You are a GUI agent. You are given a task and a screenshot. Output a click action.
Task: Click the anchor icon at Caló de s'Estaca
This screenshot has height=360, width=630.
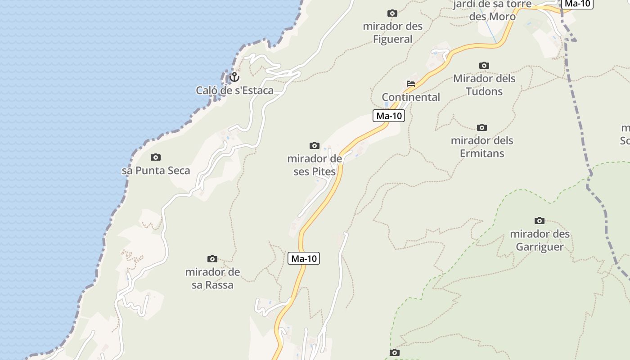234,77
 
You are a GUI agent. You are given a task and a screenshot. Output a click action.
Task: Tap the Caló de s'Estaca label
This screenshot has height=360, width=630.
234,90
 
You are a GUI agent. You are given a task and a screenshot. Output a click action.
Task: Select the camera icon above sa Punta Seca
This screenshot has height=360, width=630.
156,157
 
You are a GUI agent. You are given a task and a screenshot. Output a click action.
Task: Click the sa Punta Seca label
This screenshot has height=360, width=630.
156,171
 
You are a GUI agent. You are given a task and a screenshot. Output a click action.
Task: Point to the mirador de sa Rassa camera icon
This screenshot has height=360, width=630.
212,259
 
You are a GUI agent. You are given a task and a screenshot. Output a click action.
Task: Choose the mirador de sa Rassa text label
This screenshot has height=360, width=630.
212,279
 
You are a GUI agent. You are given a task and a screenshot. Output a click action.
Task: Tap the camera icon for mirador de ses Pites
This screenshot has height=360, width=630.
315,145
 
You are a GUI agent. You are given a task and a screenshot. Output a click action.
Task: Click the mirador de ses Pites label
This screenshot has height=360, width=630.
315,165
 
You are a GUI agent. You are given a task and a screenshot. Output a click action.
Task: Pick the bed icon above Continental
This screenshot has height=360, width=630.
410,84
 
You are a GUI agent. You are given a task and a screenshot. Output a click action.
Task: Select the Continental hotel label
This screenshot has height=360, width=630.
411,97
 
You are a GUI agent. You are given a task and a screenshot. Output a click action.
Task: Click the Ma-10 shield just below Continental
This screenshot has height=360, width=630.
389,116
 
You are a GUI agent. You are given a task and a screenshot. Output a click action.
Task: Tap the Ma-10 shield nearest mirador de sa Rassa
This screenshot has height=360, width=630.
304,258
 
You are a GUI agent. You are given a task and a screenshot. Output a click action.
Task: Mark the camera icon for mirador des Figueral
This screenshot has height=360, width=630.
392,13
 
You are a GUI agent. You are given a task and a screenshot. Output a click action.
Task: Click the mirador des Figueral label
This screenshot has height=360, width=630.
393,33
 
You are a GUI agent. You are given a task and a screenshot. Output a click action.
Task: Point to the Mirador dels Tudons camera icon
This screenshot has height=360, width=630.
484,65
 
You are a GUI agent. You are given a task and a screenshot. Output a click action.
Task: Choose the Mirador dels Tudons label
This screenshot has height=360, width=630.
484,85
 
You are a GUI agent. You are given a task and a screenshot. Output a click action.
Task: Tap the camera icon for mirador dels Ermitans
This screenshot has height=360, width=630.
482,127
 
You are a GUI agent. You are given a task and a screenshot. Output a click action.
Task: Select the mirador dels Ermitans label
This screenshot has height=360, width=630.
482,147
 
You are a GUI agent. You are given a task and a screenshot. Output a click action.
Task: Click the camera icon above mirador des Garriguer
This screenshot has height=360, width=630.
540,220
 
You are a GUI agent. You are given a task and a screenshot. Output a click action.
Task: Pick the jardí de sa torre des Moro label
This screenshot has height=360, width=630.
492,10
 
